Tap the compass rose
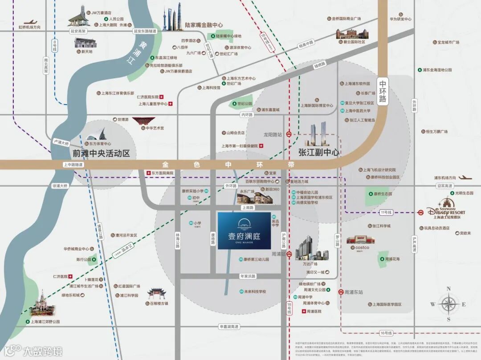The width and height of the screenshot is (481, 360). click(x=448, y=304)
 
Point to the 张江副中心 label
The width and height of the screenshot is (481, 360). click(x=318, y=152)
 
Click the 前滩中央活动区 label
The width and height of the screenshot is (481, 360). click(x=101, y=154)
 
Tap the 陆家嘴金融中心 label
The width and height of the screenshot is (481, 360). click(x=204, y=25)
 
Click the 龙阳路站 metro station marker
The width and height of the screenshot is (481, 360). click(x=289, y=133)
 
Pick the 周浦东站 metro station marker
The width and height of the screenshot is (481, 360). click(x=340, y=292)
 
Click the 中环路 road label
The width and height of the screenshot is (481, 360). click(x=383, y=91)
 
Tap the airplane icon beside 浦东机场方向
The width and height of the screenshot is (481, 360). click(x=465, y=178)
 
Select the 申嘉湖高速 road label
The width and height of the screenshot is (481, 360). click(x=229, y=327)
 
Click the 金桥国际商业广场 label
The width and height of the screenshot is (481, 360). click(x=346, y=19)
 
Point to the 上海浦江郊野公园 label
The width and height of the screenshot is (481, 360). click(x=45, y=321)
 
